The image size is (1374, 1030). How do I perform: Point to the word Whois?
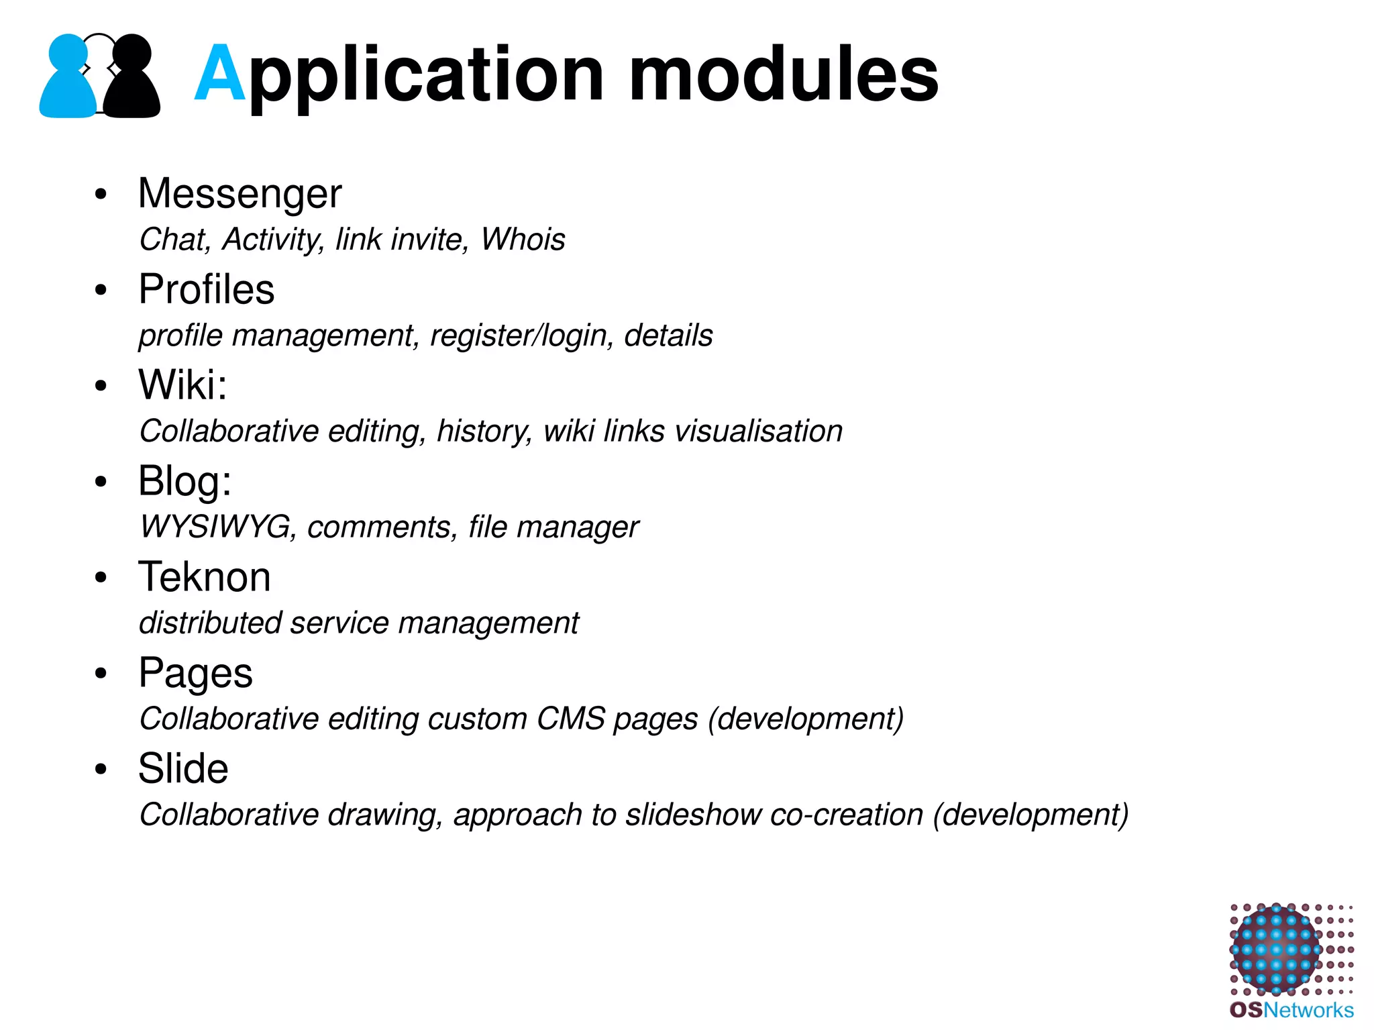tap(523, 240)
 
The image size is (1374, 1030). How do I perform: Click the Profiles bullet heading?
tap(207, 289)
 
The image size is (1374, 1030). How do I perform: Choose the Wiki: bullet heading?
tap(182, 385)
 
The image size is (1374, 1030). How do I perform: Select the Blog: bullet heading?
tap(184, 481)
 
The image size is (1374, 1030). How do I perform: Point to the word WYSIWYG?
tap(215, 527)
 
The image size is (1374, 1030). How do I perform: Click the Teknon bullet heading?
tap(205, 577)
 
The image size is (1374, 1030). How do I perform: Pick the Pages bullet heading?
tap(195, 673)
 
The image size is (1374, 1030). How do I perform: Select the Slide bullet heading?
tap(183, 769)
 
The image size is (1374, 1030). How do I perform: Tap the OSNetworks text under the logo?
tap(1291, 1010)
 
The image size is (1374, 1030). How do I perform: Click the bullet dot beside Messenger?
tap(101, 195)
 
